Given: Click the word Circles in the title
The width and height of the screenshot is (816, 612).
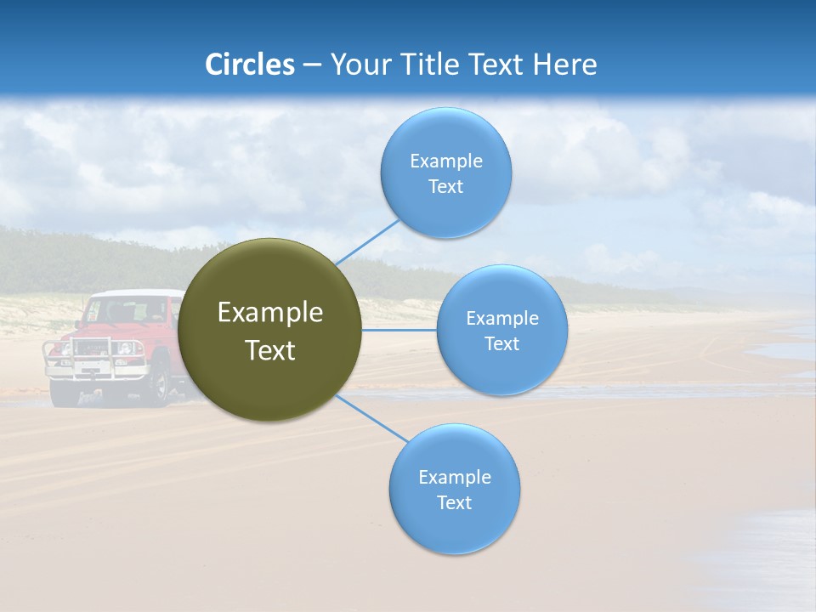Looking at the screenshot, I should click(250, 65).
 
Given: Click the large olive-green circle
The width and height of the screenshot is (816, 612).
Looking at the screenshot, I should click(270, 330).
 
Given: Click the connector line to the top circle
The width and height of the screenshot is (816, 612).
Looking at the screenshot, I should click(367, 241).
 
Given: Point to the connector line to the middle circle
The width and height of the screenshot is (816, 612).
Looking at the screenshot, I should click(399, 330).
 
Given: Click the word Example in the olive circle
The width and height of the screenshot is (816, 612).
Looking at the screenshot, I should click(270, 313).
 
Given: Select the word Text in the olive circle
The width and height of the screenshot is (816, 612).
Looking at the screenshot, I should click(270, 350).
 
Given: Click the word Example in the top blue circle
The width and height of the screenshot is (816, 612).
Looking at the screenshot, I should click(446, 161).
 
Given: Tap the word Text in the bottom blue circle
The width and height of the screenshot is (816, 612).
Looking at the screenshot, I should click(455, 502).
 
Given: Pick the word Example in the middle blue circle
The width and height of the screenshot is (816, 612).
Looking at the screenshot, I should click(502, 318).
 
